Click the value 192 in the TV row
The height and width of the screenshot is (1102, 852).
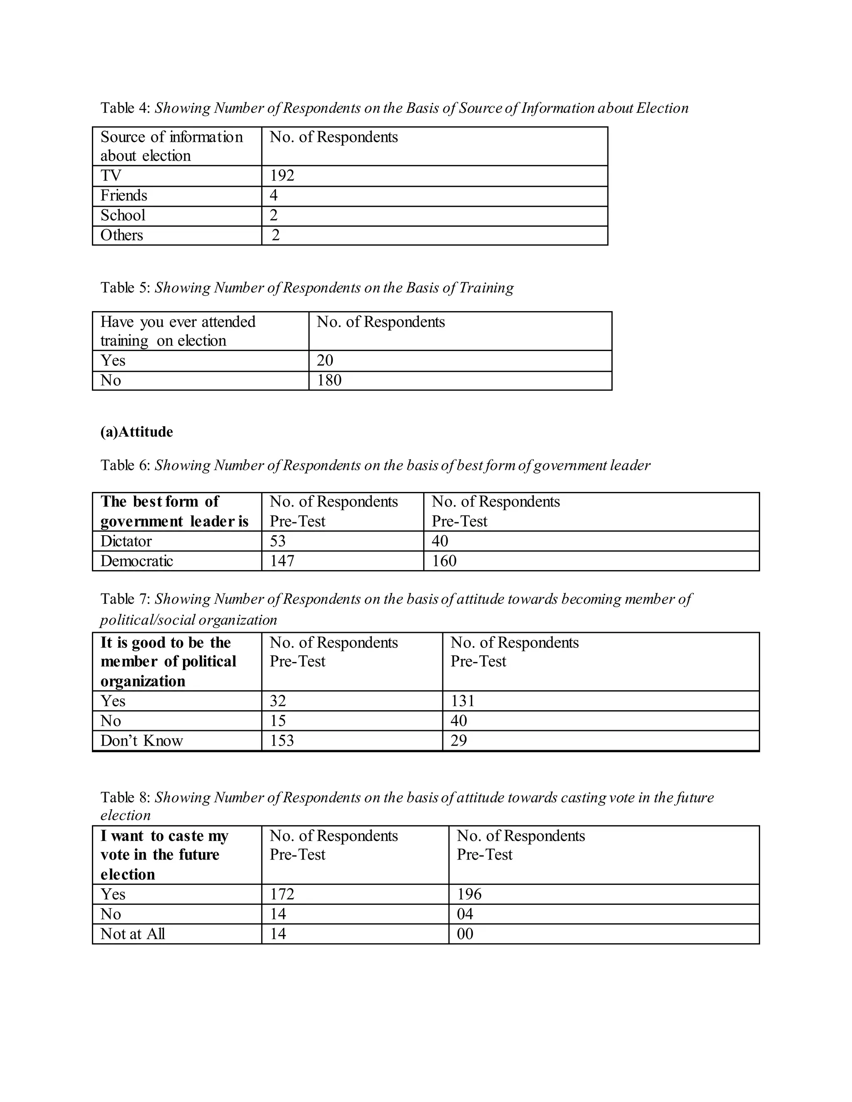(x=282, y=175)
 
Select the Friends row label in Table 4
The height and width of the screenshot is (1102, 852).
(x=124, y=196)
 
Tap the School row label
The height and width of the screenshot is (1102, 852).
(x=123, y=215)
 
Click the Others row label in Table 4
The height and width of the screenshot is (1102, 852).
(x=121, y=235)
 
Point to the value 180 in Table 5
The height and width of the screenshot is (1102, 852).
(x=329, y=380)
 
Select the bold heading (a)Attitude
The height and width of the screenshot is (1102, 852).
(x=136, y=432)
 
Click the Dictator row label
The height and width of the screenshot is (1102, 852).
(x=126, y=541)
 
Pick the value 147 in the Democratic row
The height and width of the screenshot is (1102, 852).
(x=282, y=561)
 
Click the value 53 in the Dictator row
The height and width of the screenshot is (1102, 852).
(x=277, y=541)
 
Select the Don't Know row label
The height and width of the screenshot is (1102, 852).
(x=141, y=741)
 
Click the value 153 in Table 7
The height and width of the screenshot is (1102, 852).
(x=282, y=741)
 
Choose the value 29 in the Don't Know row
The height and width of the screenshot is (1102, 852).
(x=458, y=741)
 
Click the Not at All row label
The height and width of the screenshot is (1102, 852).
(x=132, y=934)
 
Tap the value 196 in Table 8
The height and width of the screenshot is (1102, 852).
(x=469, y=894)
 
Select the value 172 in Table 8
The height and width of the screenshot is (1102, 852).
(x=282, y=894)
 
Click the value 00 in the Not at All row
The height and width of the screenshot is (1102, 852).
(x=465, y=934)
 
